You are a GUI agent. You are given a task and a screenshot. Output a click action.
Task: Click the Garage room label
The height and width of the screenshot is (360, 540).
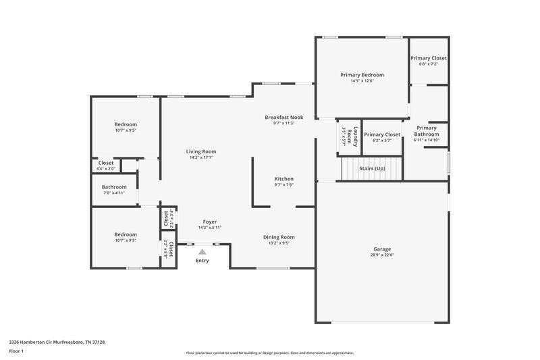click(x=381, y=249)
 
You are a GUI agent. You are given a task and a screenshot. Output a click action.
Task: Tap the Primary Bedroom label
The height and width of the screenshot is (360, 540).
click(x=362, y=74)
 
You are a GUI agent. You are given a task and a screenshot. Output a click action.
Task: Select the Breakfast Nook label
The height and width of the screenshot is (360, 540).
click(x=283, y=117)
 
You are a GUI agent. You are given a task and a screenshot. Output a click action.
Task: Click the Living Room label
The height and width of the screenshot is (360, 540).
click(x=201, y=151)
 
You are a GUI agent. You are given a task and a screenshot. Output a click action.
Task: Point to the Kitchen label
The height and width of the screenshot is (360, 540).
click(x=283, y=178)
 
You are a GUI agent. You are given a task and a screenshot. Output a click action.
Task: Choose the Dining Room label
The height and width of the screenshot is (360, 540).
click(x=279, y=236)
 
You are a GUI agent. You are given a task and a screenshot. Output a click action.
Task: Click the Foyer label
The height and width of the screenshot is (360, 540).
click(x=210, y=222)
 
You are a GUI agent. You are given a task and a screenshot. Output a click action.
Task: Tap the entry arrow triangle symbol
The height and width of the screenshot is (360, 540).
click(x=202, y=251)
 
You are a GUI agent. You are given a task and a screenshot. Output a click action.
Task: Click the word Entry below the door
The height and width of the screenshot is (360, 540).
click(x=202, y=261)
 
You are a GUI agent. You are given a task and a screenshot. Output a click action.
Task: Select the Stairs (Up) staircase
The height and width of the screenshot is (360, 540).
click(x=371, y=169)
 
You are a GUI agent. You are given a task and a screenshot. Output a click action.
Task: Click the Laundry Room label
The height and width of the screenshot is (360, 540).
click(x=346, y=136)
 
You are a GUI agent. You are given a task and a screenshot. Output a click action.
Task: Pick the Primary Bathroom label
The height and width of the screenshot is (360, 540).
click(x=426, y=131)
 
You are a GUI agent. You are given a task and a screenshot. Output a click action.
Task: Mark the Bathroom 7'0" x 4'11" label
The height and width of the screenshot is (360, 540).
click(x=114, y=190)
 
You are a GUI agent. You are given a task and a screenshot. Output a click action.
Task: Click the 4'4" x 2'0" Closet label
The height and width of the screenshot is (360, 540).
click(x=106, y=165)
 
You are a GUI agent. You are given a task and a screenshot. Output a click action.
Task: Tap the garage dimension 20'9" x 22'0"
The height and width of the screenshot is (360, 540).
click(x=381, y=255)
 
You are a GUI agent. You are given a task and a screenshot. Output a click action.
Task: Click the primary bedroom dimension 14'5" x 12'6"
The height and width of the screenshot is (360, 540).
click(x=362, y=81)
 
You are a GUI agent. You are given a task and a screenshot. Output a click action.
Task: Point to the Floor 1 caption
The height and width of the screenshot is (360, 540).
click(x=16, y=352)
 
